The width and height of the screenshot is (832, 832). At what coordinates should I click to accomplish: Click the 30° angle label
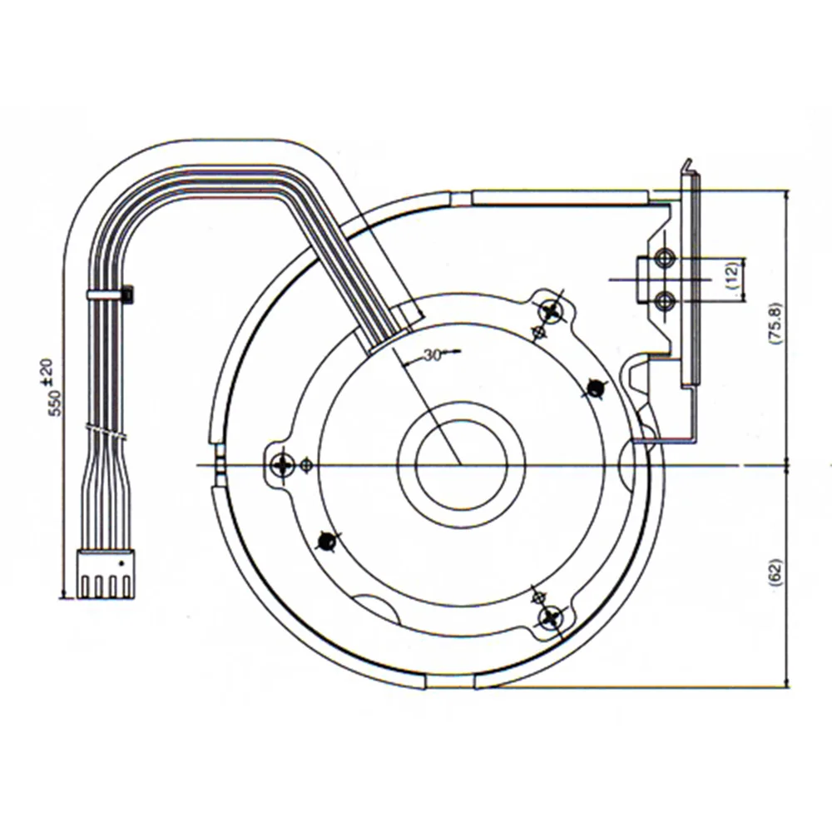coord(432,354)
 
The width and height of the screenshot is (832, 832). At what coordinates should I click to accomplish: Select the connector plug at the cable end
coord(106,574)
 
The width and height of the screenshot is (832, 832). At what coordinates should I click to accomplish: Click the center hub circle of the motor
coord(461,464)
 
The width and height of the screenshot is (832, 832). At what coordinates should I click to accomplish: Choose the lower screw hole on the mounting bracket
coord(664,300)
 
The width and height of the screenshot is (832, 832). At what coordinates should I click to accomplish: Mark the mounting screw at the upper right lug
coord(552,312)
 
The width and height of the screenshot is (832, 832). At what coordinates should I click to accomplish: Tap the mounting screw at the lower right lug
coord(550,617)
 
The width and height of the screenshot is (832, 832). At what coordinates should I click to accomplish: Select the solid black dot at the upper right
coord(596,387)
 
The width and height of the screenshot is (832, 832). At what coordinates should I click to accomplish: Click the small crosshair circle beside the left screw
coord(308,464)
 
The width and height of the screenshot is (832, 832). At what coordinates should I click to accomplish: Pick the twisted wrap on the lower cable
coord(107,433)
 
